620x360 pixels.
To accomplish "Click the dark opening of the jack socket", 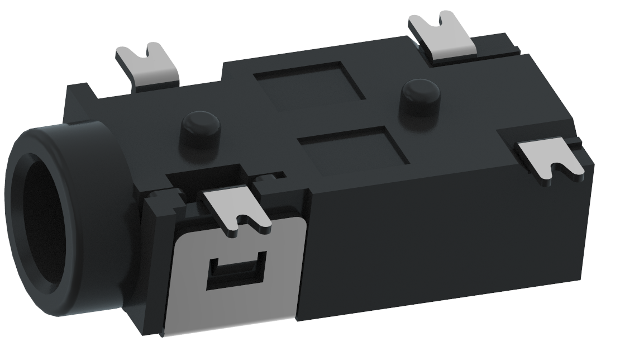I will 42,218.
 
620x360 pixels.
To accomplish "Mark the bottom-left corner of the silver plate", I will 163,334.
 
